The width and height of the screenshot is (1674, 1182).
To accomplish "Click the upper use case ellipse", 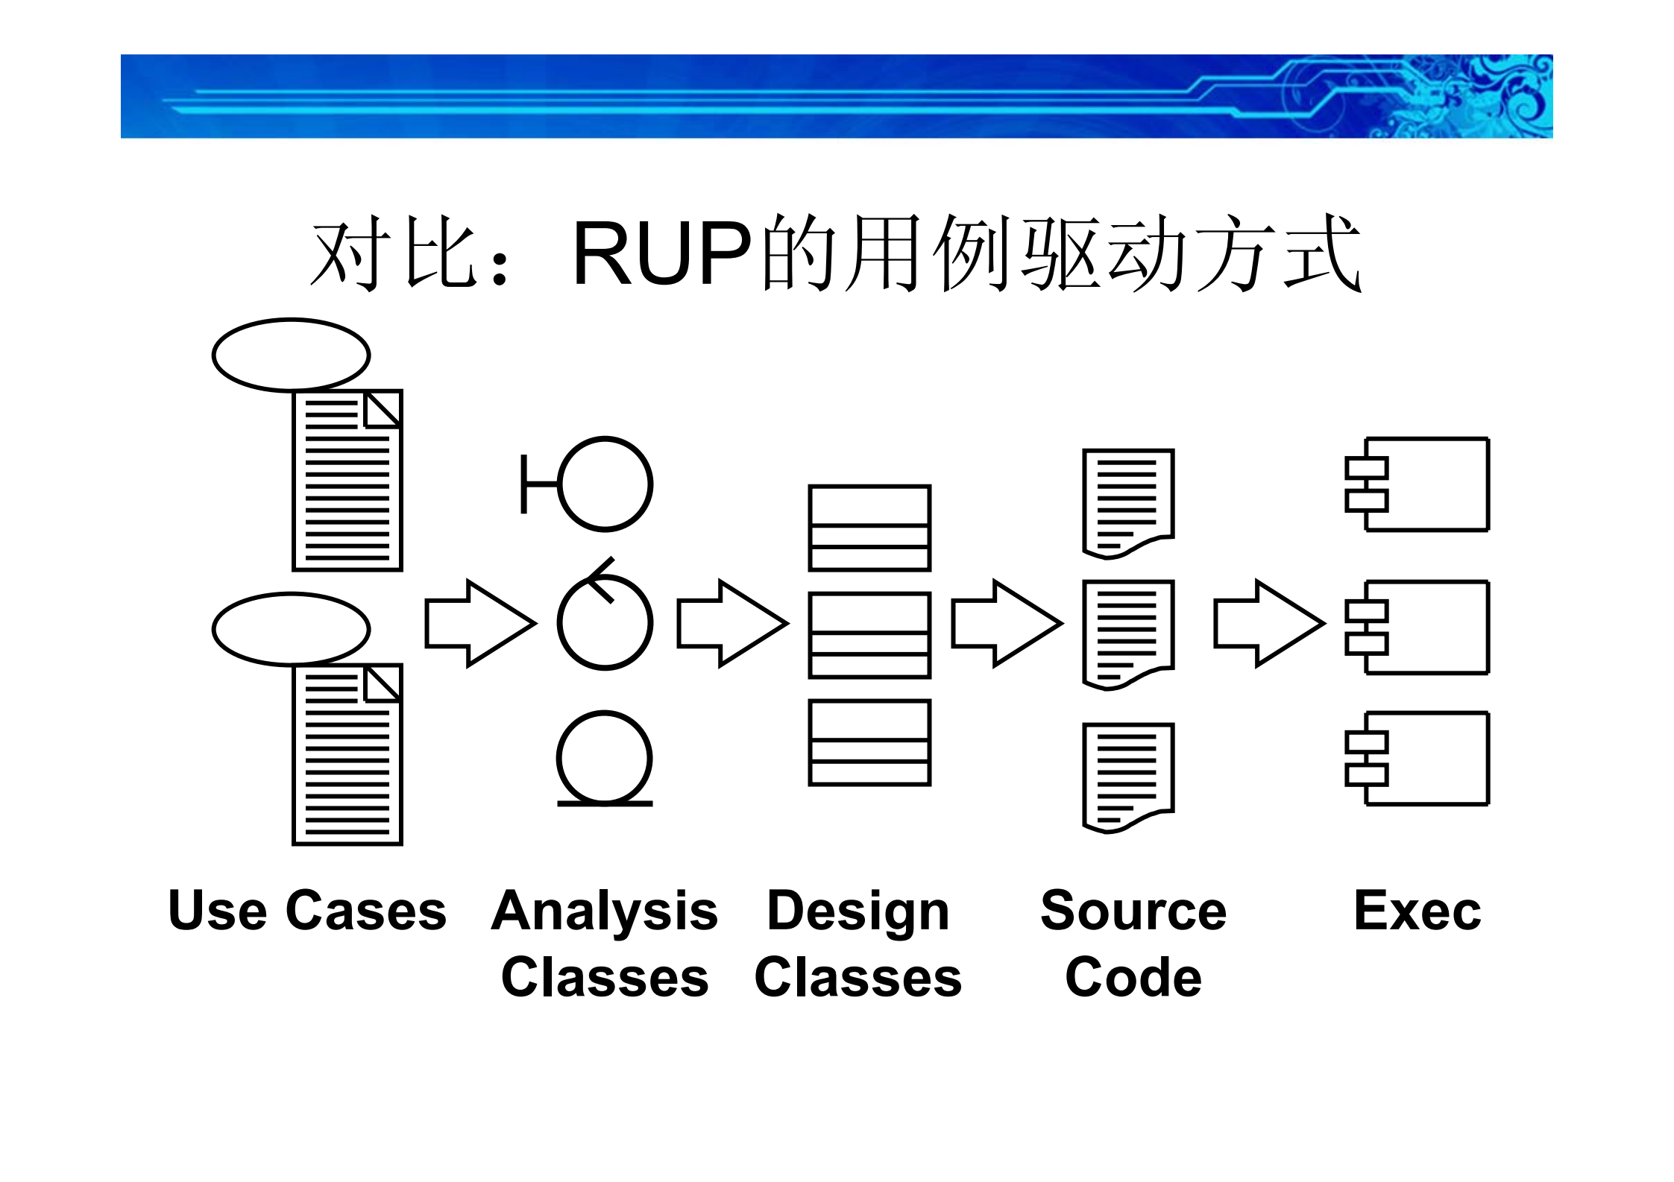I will (291, 355).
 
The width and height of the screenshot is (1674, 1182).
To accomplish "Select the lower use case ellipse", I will (291, 628).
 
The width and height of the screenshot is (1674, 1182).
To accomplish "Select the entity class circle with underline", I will (605, 759).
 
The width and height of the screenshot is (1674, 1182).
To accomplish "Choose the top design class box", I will (869, 528).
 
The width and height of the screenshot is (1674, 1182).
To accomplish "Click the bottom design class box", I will (869, 742).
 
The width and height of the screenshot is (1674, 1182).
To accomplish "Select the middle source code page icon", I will (1128, 634).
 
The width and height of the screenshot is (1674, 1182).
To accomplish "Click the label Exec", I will (1417, 911).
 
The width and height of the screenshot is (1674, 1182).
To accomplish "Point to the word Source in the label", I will (1133, 911).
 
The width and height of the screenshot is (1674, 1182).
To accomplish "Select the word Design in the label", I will (858, 911).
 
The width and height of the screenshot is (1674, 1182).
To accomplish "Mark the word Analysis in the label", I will (605, 911).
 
